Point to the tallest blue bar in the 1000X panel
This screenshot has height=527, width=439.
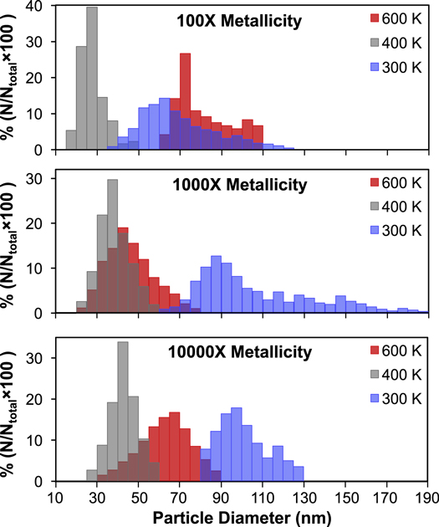216,284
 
